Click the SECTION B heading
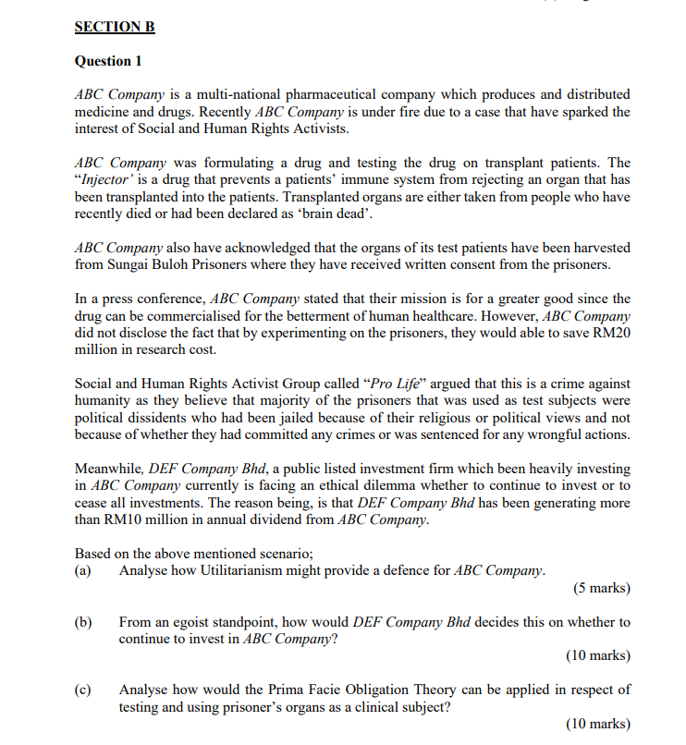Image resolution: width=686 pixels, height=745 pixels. point(115,28)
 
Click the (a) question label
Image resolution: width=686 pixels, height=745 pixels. point(83,570)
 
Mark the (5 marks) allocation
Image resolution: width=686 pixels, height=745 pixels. point(601,588)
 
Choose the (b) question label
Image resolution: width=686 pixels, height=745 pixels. point(83,622)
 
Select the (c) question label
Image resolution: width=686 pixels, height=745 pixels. point(83,690)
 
